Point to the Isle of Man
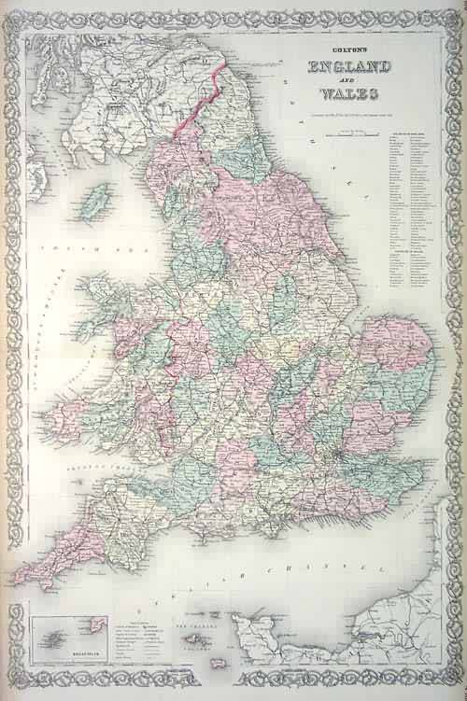[x=95, y=199]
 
